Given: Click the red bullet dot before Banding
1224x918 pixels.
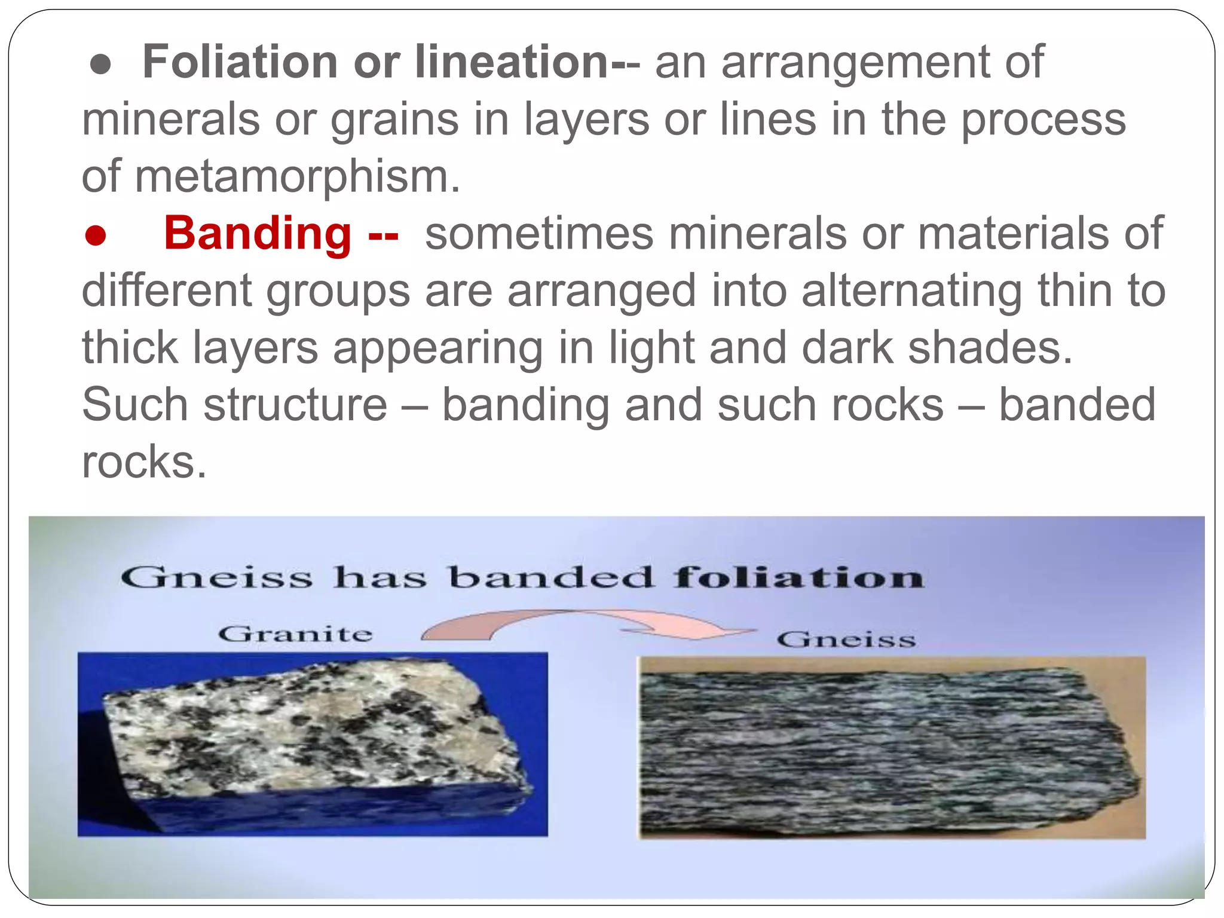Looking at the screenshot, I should pyautogui.click(x=96, y=235).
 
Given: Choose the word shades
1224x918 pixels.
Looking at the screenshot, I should pyautogui.click(x=990, y=348).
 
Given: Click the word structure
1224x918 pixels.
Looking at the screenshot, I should pyautogui.click(x=295, y=405).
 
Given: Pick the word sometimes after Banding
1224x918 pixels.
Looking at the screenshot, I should pyautogui.click(x=539, y=233).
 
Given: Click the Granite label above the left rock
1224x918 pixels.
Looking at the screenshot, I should pyautogui.click(x=295, y=634).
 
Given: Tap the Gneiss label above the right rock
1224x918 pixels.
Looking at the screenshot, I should pyautogui.click(x=846, y=640).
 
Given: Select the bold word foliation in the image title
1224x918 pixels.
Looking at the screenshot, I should pyautogui.click(x=798, y=578).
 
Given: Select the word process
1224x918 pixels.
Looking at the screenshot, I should pyautogui.click(x=1043, y=120).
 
